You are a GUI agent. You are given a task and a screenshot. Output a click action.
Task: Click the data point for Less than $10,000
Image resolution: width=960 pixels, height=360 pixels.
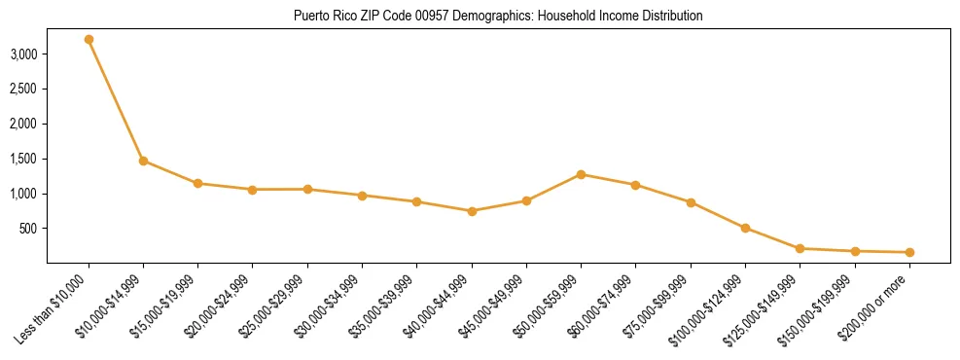89,39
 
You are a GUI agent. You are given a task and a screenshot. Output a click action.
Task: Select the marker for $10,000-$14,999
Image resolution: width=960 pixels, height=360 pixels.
143,161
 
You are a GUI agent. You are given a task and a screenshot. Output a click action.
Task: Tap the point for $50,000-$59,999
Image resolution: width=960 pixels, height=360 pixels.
581,174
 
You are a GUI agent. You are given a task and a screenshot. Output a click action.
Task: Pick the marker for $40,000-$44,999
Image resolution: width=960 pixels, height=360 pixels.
472,211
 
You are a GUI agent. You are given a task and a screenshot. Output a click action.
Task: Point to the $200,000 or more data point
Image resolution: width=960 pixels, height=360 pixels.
909,252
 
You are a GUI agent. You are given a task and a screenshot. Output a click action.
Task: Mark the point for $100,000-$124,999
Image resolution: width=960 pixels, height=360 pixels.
745,228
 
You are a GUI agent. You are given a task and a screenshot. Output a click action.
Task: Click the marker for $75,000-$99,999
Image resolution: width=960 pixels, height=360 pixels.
691,202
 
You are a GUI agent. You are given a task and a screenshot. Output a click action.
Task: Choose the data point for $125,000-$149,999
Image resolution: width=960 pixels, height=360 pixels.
800,248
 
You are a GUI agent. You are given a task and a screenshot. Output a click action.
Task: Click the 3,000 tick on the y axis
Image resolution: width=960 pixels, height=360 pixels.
23,54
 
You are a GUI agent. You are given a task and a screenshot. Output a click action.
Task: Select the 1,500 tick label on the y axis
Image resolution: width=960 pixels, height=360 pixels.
23,159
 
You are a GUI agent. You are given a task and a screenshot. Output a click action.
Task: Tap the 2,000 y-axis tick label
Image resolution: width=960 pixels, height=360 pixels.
23,125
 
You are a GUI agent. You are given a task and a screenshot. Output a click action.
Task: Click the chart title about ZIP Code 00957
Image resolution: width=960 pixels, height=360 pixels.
497,17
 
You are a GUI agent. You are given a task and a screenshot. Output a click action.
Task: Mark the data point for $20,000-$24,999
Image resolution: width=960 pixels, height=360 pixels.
253,190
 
